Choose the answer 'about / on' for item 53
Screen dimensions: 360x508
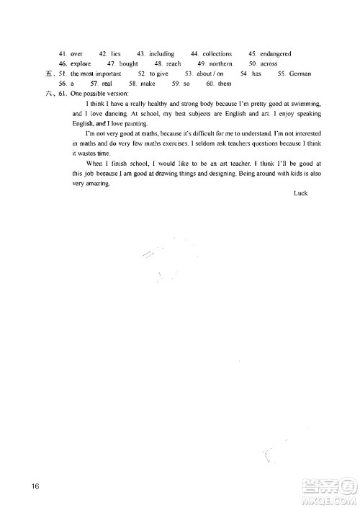pyautogui.click(x=210, y=73)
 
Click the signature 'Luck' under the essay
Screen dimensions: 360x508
pyautogui.click(x=300, y=194)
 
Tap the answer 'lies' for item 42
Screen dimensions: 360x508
pyautogui.click(x=115, y=53)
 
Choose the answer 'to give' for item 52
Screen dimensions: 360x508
pyautogui.click(x=158, y=73)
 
